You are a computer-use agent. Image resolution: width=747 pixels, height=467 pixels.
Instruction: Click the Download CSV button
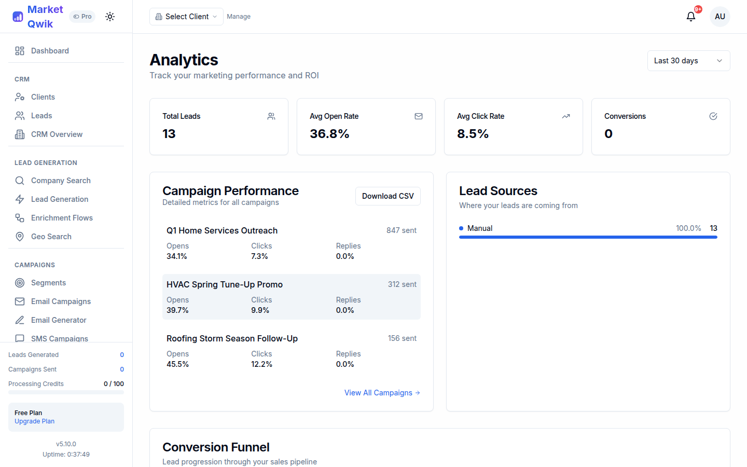pos(388,196)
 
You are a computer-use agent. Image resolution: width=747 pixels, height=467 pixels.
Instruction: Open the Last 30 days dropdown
pos(688,61)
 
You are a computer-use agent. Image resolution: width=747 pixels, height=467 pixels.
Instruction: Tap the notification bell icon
pos(690,17)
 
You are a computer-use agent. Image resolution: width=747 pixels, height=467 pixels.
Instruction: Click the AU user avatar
pos(720,17)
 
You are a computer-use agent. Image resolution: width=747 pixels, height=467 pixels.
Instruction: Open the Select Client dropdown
pos(186,17)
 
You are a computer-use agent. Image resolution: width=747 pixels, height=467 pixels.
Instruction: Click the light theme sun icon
pos(110,17)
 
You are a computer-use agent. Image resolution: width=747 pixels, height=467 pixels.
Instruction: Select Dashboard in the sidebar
pos(50,51)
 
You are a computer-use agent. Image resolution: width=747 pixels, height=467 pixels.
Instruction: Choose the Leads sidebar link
pos(41,116)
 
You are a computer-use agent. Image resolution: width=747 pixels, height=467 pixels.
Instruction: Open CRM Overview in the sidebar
pos(57,134)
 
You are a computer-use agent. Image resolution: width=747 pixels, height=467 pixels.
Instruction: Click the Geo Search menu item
pos(51,237)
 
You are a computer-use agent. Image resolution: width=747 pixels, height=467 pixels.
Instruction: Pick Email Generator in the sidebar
pos(59,320)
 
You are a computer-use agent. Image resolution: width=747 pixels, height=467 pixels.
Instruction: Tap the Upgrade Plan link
pos(34,421)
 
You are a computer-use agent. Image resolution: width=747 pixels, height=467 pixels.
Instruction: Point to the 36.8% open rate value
pos(329,134)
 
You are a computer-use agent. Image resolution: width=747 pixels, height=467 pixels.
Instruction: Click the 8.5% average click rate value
pos(473,134)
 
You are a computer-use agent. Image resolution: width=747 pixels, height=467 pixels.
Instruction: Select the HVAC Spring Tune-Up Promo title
pos(224,284)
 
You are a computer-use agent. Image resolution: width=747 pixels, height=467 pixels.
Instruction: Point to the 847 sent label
pos(401,230)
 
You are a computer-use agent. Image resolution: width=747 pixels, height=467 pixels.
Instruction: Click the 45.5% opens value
pos(177,364)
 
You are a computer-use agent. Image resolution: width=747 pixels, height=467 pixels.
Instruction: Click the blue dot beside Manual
pos(461,228)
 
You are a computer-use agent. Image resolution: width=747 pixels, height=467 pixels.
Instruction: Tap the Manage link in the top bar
pos(239,17)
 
